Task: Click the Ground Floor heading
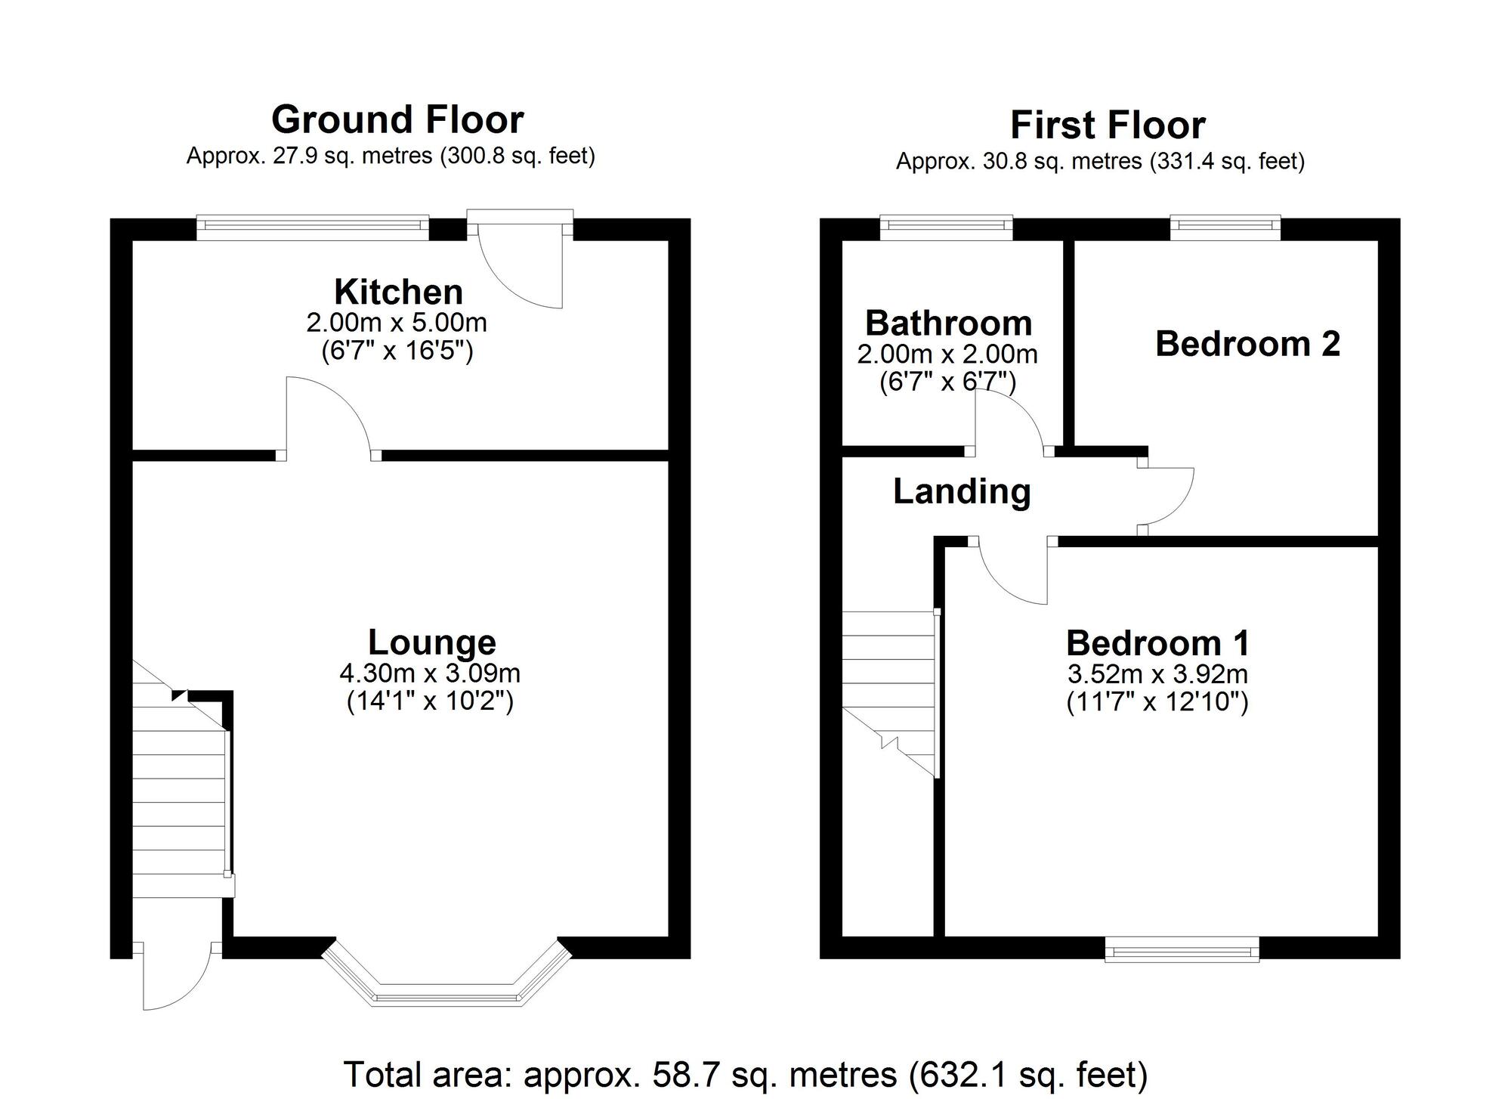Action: (397, 119)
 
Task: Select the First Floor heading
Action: (1107, 125)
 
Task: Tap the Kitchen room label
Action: (398, 292)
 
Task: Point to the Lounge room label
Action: (431, 642)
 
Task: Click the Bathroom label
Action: (948, 324)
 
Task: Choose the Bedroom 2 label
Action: (1247, 344)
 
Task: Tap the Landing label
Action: (962, 491)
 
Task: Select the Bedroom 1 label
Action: (1157, 643)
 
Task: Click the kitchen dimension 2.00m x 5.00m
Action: (397, 324)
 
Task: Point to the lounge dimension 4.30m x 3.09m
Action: (430, 673)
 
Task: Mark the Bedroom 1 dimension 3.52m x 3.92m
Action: (1157, 673)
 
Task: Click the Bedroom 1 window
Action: (1182, 949)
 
